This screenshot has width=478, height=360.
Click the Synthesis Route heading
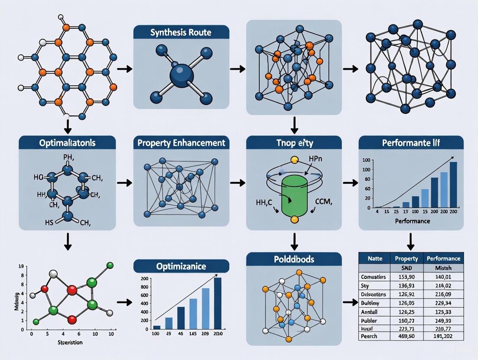[181, 32]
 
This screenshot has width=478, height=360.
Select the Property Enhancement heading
[181, 142]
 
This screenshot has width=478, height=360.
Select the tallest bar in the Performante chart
[453, 185]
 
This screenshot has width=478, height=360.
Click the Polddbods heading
[294, 260]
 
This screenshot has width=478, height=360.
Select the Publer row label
[369, 321]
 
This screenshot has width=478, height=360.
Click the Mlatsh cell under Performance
[443, 267]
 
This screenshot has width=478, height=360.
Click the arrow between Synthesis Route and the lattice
[237, 69]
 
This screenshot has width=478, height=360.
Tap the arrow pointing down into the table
[411, 241]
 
